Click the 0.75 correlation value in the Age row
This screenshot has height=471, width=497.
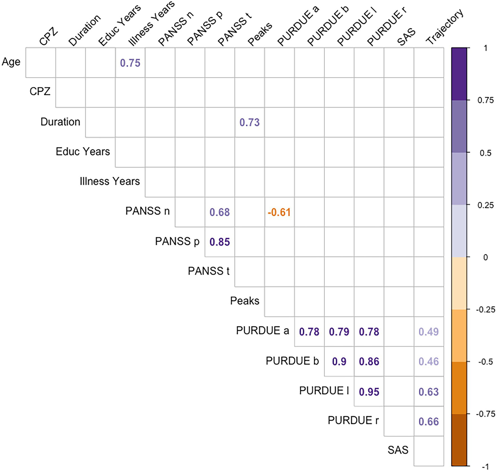pyautogui.click(x=130, y=63)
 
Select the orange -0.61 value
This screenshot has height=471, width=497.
pyautogui.click(x=279, y=213)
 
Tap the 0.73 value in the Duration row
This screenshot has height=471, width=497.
pyautogui.click(x=249, y=122)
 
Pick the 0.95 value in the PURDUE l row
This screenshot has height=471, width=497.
pyautogui.click(x=369, y=392)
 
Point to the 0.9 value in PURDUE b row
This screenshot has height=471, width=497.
pyautogui.click(x=339, y=362)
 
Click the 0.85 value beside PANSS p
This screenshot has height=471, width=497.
pyautogui.click(x=220, y=242)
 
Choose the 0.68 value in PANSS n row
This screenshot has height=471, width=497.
pyautogui.click(x=220, y=213)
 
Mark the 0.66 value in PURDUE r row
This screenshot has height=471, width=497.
pyautogui.click(x=428, y=422)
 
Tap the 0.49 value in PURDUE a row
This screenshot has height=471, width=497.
pyautogui.click(x=428, y=332)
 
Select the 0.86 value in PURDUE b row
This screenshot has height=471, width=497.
pyautogui.click(x=369, y=362)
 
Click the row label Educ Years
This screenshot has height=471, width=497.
pyautogui.click(x=83, y=152)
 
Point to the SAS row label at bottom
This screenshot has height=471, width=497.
pyautogui.click(x=398, y=450)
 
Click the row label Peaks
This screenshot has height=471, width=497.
pyautogui.click(x=244, y=301)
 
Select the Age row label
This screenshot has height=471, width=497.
pyautogui.click(x=11, y=62)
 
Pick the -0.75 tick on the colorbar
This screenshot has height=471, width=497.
pyautogui.click(x=486, y=414)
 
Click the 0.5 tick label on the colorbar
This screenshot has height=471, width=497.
pyautogui.click(x=485, y=153)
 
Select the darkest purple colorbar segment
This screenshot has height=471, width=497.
pyautogui.click(x=459, y=74)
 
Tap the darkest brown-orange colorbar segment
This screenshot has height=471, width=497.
pyautogui.click(x=459, y=440)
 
